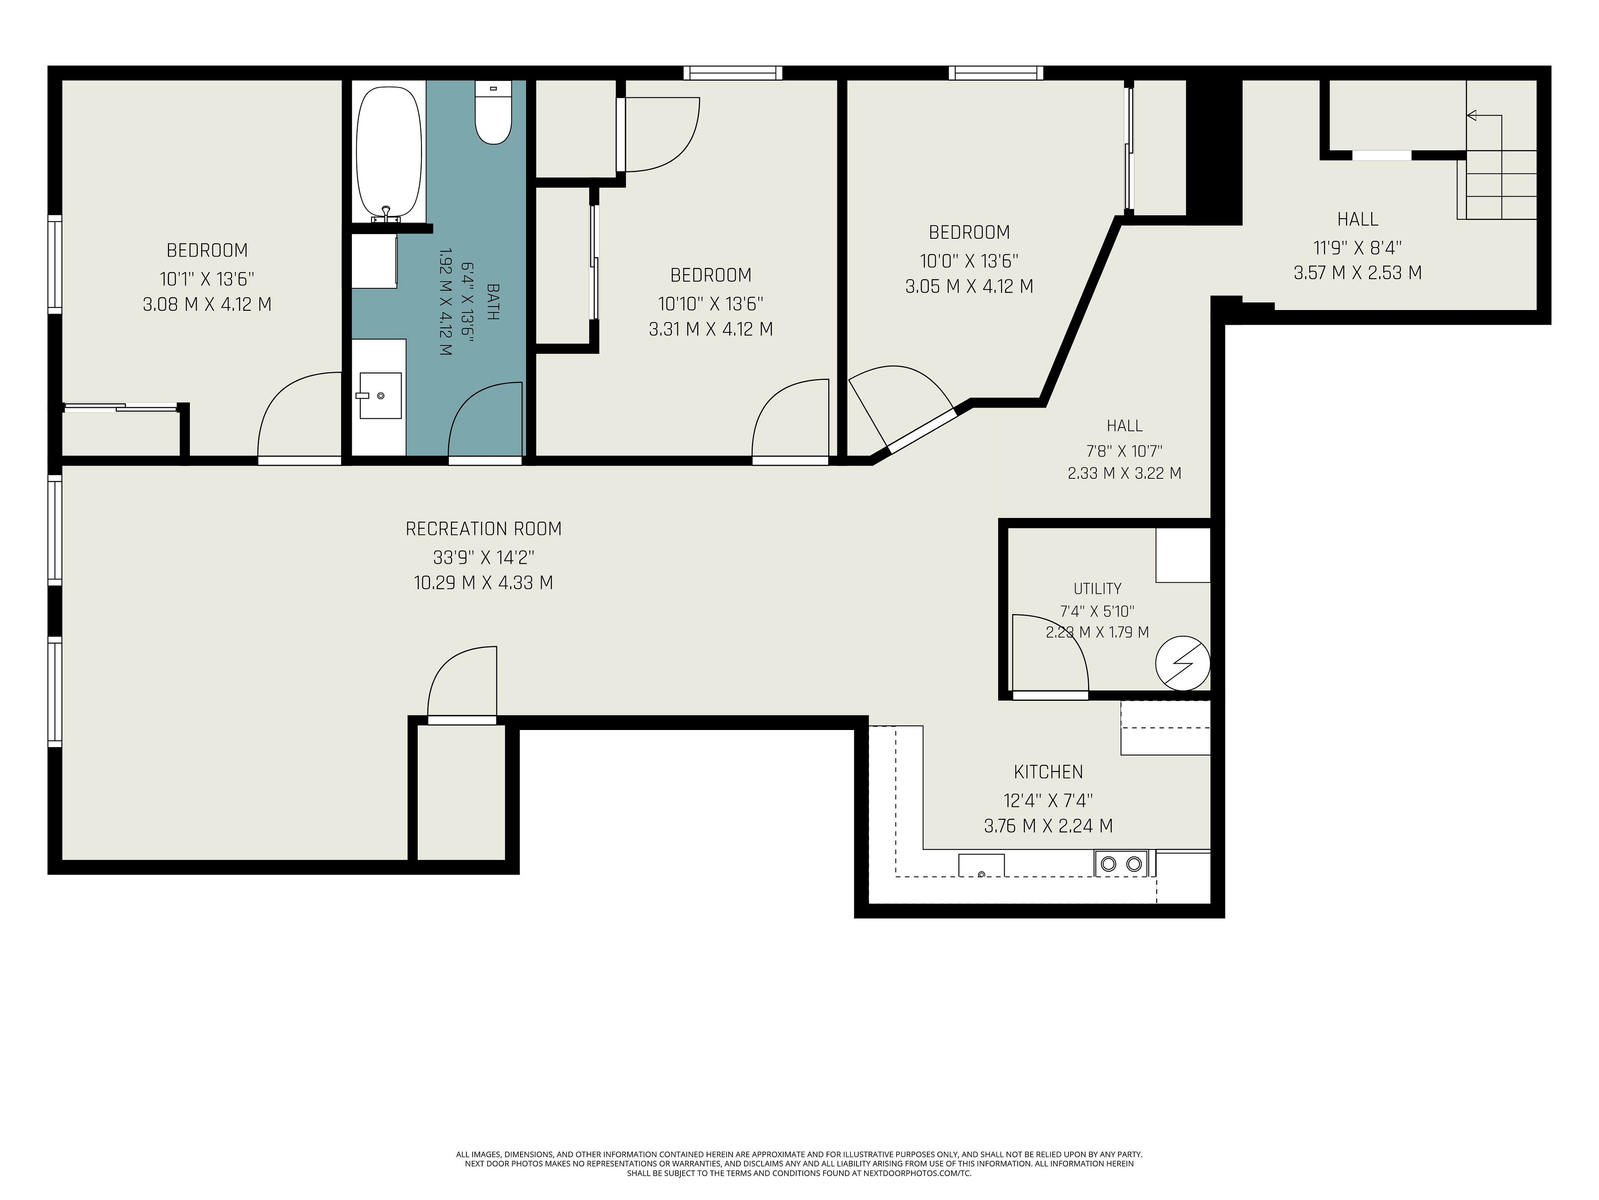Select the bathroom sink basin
click(380, 396)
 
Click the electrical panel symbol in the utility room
click(1183, 662)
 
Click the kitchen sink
click(981, 865)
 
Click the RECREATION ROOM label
click(483, 529)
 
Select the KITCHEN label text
click(1048, 772)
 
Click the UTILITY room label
click(1097, 589)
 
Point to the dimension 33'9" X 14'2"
click(483, 557)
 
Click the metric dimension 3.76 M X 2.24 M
click(1048, 825)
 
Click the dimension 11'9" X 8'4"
click(1357, 247)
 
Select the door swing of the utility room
click(1050, 655)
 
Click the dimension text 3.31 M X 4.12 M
click(710, 329)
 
